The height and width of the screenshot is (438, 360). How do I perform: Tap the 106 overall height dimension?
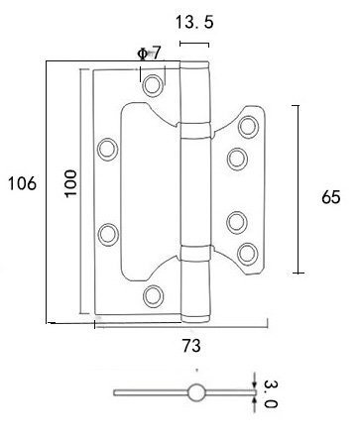tap(21, 183)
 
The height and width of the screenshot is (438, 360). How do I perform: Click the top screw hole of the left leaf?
tap(152, 85)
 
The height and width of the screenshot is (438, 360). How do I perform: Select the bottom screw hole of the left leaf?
tap(152, 294)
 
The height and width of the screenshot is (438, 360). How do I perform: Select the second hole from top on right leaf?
tap(236, 158)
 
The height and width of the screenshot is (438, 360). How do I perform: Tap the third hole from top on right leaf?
tap(236, 221)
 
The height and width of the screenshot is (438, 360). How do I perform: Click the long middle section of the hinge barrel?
tap(196, 188)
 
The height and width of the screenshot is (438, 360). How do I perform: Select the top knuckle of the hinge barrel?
tap(196, 94)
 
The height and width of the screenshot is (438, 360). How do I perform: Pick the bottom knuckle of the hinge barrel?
tap(196, 288)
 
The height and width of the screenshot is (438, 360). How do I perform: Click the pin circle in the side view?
tap(196, 393)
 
